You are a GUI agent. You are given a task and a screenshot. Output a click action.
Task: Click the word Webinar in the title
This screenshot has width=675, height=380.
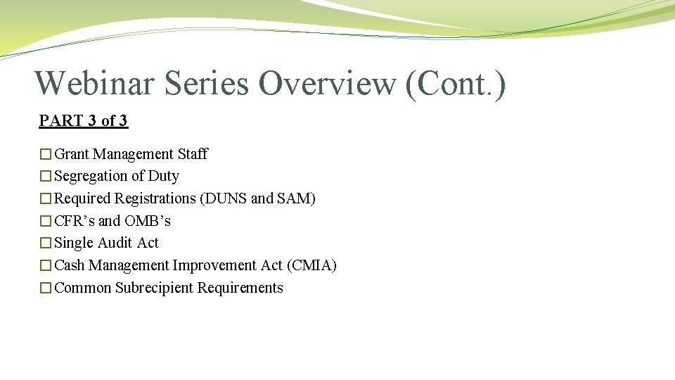coord(94,83)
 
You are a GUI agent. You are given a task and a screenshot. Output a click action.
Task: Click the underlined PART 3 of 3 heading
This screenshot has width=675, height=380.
coord(83,120)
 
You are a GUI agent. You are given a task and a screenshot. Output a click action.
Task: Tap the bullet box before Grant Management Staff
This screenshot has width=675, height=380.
coord(46,154)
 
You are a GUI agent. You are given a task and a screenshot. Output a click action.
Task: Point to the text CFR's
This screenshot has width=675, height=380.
coord(75,221)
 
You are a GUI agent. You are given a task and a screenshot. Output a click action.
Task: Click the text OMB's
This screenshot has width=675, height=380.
coord(148,221)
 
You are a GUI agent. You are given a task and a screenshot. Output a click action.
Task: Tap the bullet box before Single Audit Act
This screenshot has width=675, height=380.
coord(46,243)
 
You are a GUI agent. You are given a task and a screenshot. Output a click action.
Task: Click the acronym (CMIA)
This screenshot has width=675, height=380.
coord(311,265)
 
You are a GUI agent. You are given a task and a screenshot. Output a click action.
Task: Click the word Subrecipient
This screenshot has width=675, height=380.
coord(155,288)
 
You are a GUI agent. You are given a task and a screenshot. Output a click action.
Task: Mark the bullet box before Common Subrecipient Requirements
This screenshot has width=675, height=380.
coord(46,289)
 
